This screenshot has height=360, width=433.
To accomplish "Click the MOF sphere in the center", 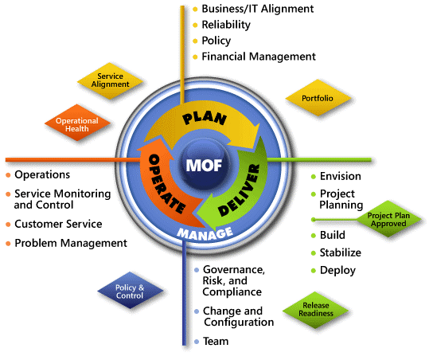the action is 204,165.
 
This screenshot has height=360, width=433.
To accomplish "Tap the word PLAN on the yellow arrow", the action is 205,118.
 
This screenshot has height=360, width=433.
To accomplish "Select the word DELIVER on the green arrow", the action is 239,190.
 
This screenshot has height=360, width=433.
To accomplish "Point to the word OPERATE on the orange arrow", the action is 166,183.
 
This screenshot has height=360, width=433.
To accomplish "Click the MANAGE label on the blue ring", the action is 205,233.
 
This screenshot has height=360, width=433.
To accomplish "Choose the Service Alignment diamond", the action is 110,80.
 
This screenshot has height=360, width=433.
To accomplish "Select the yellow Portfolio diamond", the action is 318,98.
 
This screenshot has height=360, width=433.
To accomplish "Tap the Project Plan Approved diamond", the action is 388,219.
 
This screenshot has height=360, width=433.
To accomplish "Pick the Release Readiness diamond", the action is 315,310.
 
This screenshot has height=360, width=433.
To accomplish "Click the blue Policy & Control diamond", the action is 130,291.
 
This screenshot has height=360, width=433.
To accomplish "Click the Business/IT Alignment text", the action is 258,9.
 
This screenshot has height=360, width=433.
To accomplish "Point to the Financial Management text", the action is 259,57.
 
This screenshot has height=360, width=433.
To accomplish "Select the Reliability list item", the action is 226,25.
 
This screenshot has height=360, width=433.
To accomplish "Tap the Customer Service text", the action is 58,224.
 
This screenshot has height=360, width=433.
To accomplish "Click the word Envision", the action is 340,176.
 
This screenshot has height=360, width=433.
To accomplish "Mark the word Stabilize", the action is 340,252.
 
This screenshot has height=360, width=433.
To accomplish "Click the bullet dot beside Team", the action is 197,342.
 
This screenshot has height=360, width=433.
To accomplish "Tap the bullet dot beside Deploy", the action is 313,271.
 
